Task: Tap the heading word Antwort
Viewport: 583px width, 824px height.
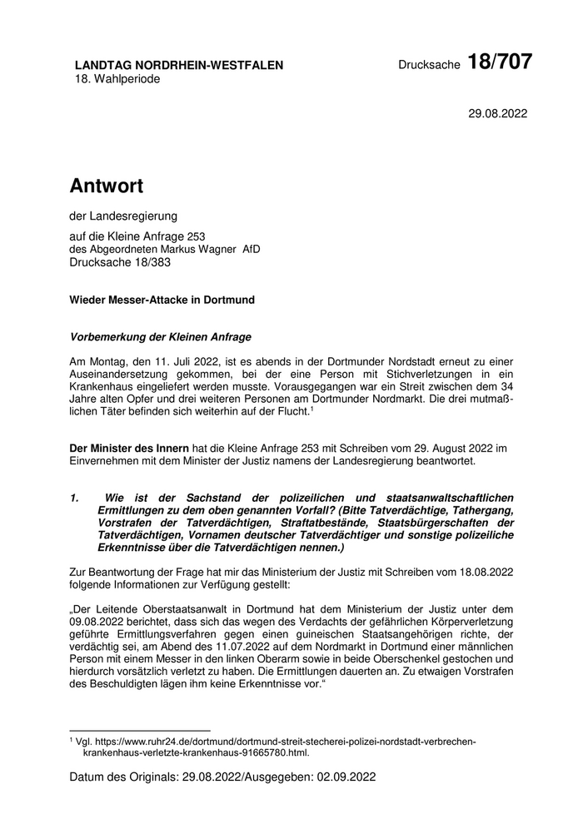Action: tap(106, 185)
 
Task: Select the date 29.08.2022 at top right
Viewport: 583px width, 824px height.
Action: tap(498, 113)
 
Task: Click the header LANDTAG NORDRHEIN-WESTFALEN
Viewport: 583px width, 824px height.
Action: tap(178, 65)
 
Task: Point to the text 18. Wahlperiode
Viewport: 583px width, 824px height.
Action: tap(117, 79)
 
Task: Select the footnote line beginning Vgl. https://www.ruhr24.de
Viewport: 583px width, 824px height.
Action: tap(275, 741)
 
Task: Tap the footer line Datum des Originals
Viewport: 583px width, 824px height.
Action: tap(223, 777)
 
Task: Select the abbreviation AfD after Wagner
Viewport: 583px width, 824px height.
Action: tap(251, 249)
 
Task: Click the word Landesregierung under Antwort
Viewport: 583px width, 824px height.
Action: tap(130, 216)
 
